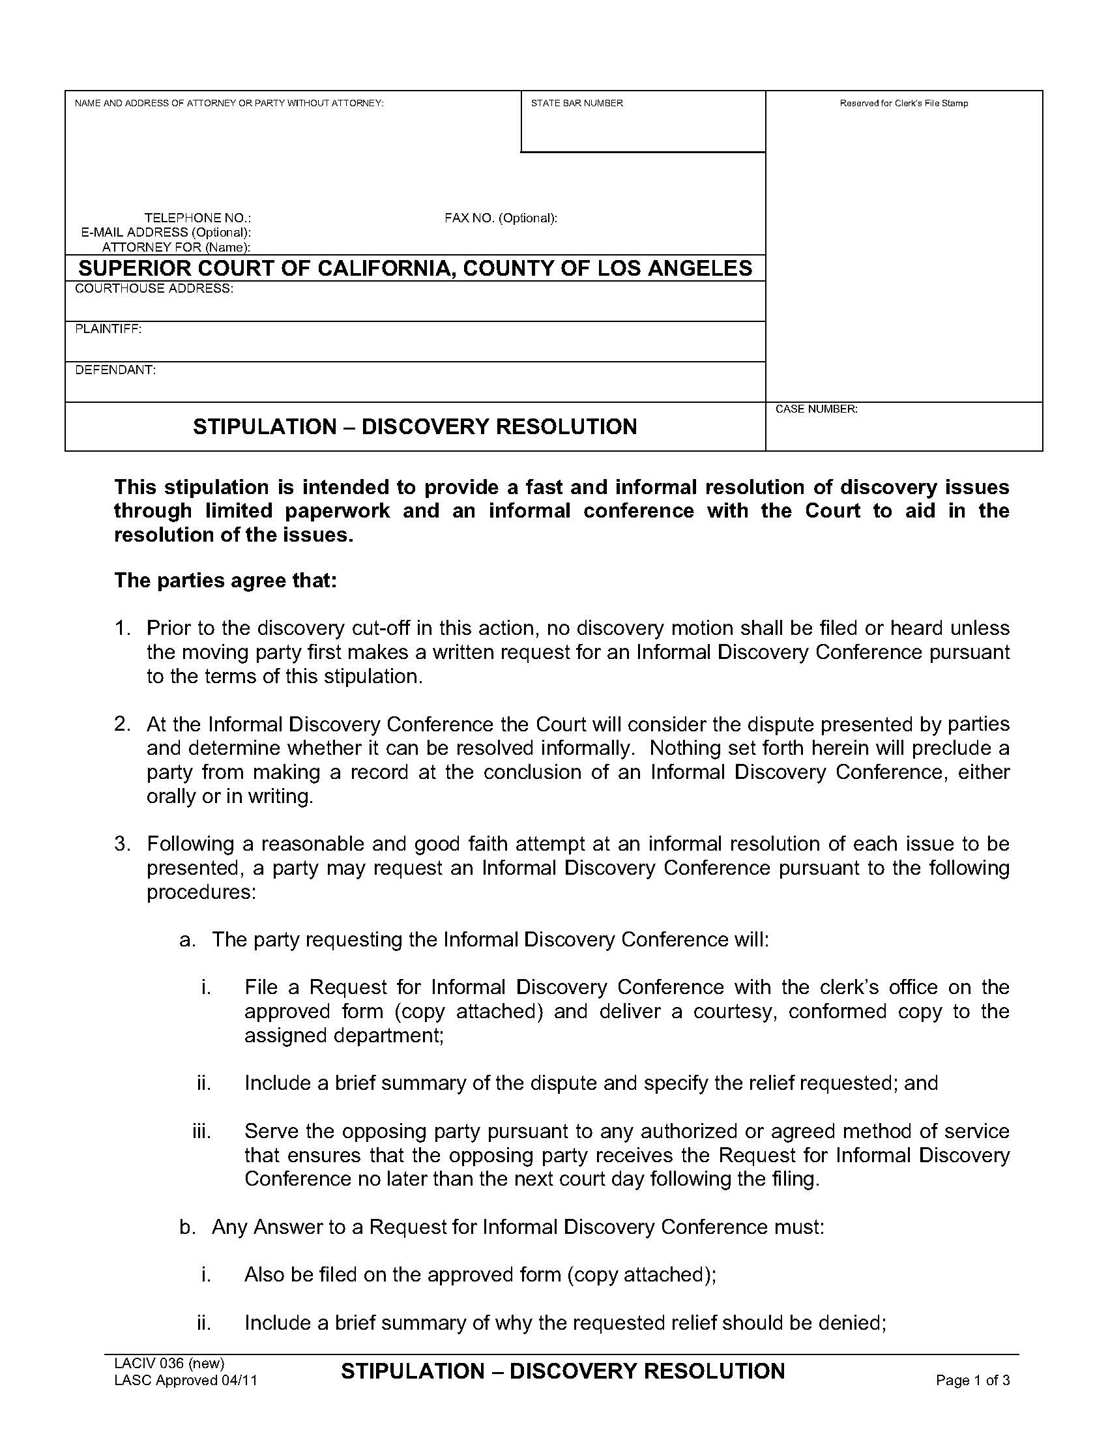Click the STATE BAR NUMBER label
[x=576, y=103]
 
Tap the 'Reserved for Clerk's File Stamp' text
[x=903, y=103]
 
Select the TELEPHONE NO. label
[x=197, y=218]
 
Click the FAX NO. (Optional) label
[x=501, y=218]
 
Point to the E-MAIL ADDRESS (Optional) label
[x=166, y=233]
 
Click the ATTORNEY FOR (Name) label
[x=177, y=248]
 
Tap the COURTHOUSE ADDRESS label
[x=154, y=289]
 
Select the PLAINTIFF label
[x=108, y=329]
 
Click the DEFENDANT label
[x=115, y=370]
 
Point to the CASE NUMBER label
[x=817, y=409]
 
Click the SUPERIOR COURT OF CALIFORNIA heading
[x=415, y=268]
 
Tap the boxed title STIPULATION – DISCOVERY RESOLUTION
[x=415, y=427]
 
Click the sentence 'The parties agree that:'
[x=225, y=580]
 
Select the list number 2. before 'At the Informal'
[x=123, y=724]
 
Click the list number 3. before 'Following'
[x=123, y=843]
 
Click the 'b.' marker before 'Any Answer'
[x=188, y=1227]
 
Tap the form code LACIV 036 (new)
[x=169, y=1362]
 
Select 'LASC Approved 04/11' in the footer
[x=186, y=1379]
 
